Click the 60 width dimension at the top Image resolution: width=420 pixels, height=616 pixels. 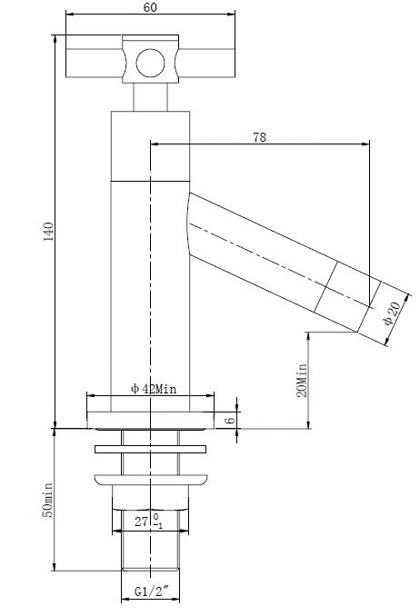(x=148, y=6)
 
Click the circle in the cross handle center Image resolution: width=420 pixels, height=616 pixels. (x=149, y=63)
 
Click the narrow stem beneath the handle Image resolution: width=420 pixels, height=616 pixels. (x=149, y=96)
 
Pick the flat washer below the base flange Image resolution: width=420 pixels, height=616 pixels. (x=150, y=448)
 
